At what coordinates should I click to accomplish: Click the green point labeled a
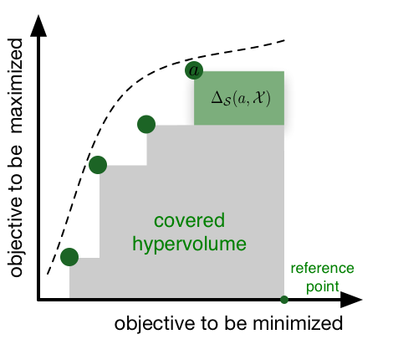194,70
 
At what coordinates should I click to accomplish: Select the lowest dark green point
69,257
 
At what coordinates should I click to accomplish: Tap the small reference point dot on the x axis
284,300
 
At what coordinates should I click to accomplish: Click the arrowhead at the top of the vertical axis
38,26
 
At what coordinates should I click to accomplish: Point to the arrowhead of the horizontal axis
351,300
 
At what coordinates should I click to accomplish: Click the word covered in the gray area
189,220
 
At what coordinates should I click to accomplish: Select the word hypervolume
189,244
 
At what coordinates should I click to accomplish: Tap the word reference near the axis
322,268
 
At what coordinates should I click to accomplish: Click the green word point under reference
323,287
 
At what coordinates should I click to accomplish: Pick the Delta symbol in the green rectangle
217,98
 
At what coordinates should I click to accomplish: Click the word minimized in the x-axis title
298,323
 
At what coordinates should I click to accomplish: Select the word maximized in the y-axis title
15,85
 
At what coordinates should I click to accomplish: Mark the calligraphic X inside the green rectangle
259,98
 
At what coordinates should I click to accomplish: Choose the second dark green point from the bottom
98,165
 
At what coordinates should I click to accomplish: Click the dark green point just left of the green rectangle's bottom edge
146,124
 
